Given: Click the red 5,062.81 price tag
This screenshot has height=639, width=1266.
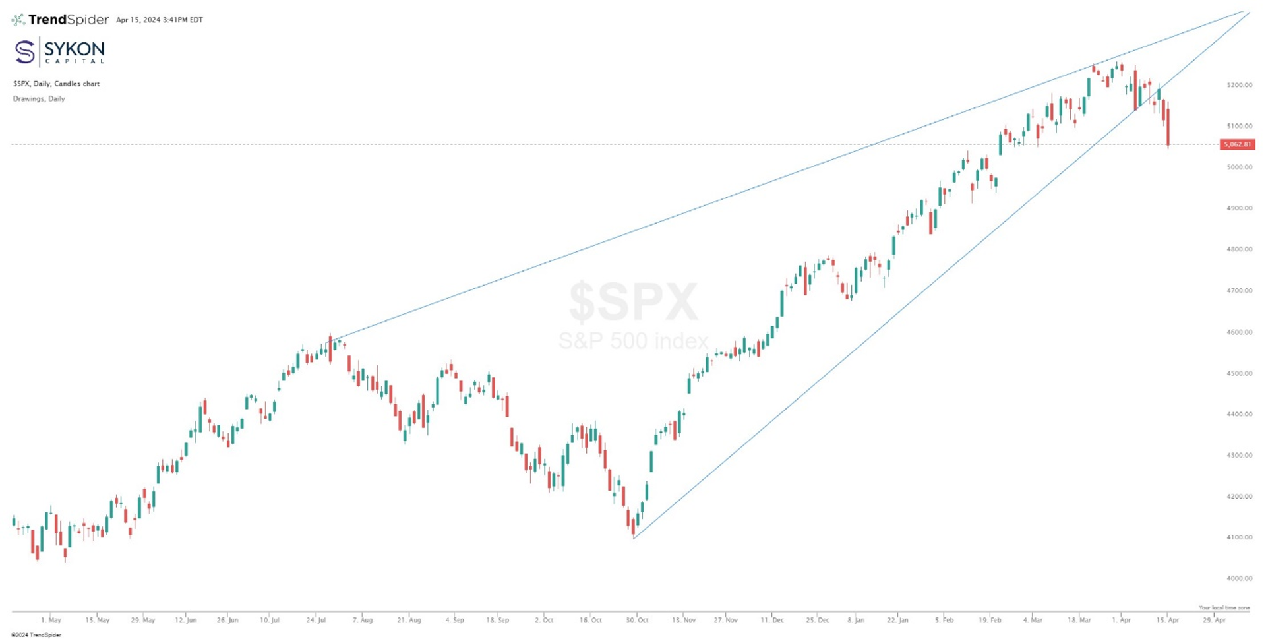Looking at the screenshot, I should (x=1237, y=144).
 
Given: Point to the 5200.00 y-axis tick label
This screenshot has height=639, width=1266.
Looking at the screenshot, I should (x=1239, y=85).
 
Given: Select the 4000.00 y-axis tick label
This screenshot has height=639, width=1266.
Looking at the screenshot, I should (x=1239, y=578).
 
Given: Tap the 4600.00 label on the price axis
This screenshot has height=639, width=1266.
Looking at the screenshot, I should (x=1239, y=332).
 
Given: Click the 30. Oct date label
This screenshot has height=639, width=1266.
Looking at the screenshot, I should (x=638, y=620).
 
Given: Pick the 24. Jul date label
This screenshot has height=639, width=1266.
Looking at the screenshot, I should (x=316, y=620).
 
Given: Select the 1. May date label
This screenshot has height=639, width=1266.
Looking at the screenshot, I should (x=51, y=620).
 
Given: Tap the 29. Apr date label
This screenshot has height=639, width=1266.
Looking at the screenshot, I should (x=1214, y=620).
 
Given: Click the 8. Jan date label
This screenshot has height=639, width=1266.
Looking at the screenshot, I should (x=855, y=620).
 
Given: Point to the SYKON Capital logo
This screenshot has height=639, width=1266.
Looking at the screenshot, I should (x=59, y=51).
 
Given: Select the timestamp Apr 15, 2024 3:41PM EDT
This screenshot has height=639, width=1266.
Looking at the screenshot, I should (x=160, y=20).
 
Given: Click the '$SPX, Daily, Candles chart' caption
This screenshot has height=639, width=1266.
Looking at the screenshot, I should (x=56, y=84).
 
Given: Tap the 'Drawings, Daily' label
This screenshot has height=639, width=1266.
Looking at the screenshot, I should (x=39, y=99).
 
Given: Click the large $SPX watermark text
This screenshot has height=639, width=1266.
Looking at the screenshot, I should (x=633, y=301).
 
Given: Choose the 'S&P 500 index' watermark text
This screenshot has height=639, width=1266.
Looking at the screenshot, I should (x=633, y=341).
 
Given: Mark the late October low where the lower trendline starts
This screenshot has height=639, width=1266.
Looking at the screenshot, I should (x=634, y=537).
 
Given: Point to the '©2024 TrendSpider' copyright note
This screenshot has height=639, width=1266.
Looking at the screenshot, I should (x=36, y=635).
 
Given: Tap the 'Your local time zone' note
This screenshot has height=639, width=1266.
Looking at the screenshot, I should (x=1224, y=607).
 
